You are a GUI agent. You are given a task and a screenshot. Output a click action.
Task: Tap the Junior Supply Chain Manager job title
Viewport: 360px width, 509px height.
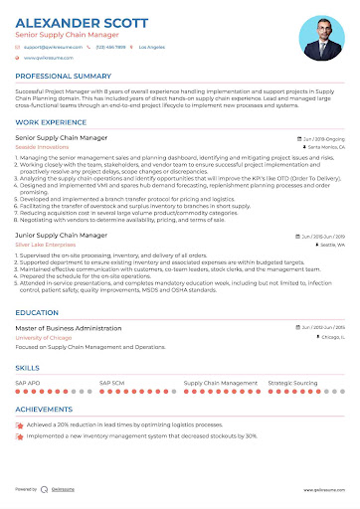click(62, 235)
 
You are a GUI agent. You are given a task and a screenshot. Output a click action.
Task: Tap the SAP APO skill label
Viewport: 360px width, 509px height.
click(28, 381)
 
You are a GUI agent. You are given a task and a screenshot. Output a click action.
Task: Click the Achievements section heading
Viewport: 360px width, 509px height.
click(48, 408)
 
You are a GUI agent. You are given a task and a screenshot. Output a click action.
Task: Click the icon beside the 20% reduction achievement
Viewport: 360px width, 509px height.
click(20, 424)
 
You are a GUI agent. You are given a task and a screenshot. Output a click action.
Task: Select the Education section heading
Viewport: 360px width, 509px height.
click(37, 311)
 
